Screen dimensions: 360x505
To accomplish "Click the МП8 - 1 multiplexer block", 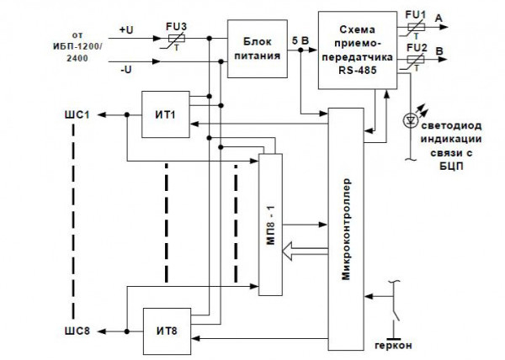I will point(270,224).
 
